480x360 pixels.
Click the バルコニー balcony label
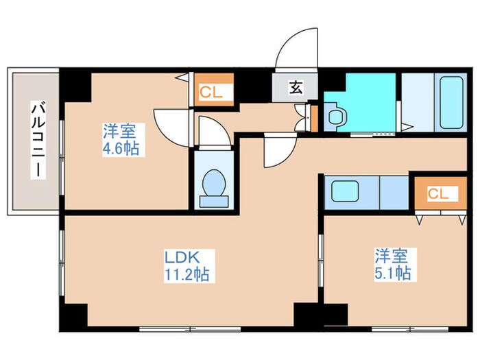tap(38, 140)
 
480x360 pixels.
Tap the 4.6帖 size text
tap(121, 148)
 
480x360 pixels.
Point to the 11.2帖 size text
tap(187, 275)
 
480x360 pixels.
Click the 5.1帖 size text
tap(392, 274)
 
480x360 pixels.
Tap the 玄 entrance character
tap(295, 87)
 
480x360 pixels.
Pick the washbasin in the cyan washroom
tap(337, 117)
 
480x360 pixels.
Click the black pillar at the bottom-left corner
tap(75, 316)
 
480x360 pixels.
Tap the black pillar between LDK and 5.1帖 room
tap(307, 315)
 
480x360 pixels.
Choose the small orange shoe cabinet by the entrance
tap(315, 116)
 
